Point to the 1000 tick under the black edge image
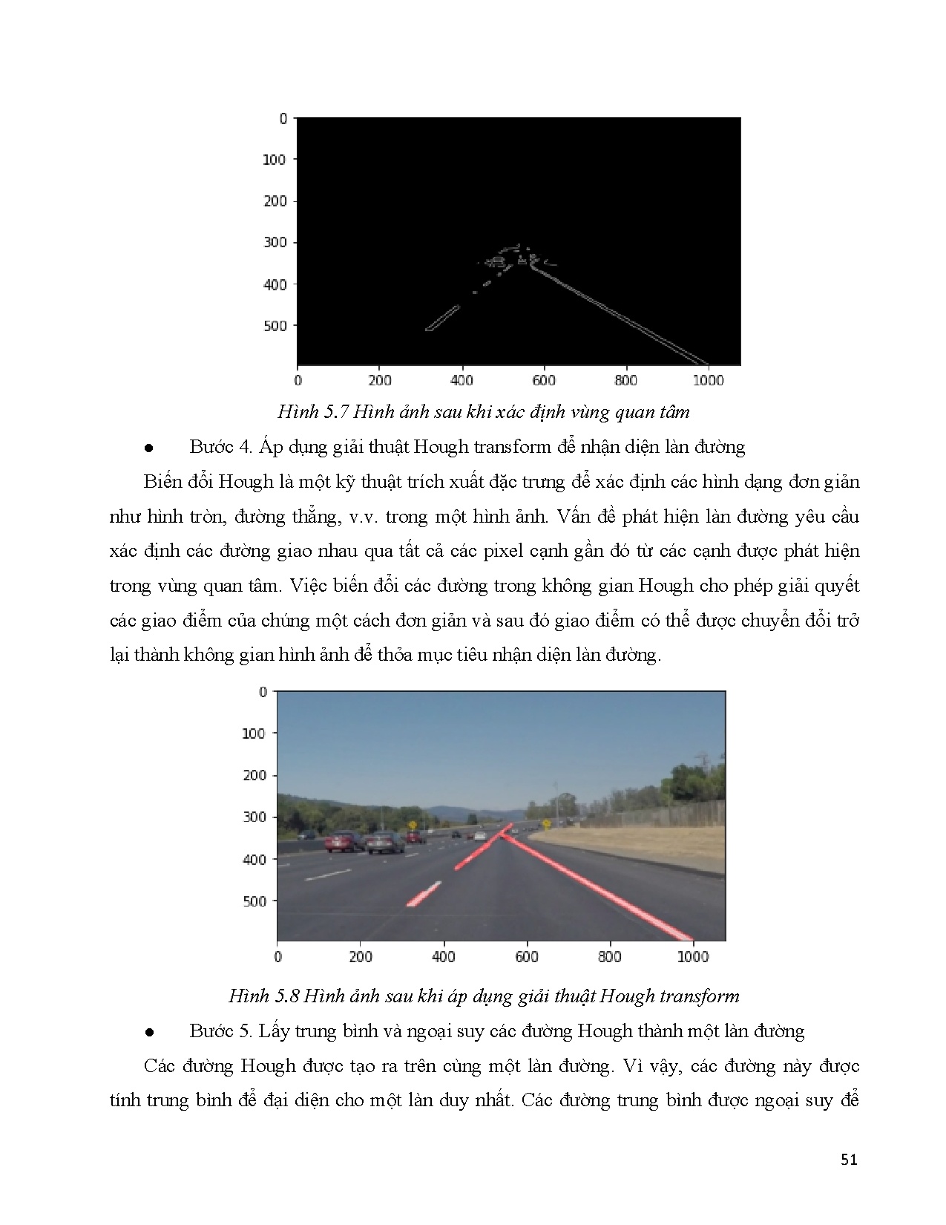pos(708,381)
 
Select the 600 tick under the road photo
pos(526,957)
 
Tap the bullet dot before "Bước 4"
pos(149,448)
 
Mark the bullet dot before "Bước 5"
pos(149,1033)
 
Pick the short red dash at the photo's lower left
pos(424,894)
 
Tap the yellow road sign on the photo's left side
pos(412,825)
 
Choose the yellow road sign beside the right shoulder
pos(546,823)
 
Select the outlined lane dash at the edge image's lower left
pos(442,318)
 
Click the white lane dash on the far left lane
pos(327,875)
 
